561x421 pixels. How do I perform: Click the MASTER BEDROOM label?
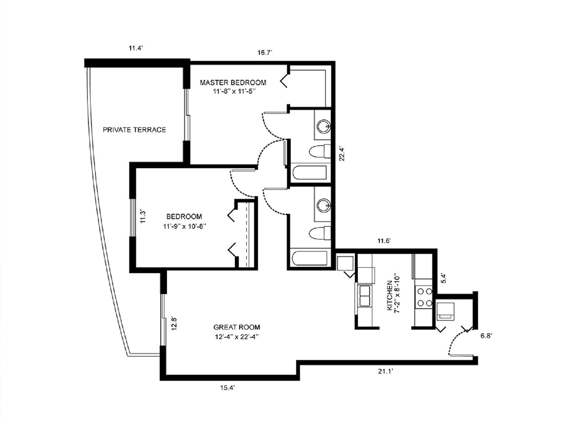pyautogui.click(x=233, y=83)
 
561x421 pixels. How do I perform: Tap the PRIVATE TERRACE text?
pyautogui.click(x=134, y=130)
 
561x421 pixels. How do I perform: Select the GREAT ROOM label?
pyautogui.click(x=237, y=327)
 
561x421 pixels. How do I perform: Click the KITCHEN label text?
pyautogui.click(x=389, y=295)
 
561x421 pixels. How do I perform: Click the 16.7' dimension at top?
pyautogui.click(x=265, y=53)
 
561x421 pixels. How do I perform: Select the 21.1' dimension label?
pyautogui.click(x=386, y=371)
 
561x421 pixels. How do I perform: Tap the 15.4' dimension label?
pyautogui.click(x=228, y=388)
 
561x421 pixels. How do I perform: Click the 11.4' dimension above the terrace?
pyautogui.click(x=136, y=49)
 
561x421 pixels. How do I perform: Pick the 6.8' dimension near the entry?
pyautogui.click(x=486, y=336)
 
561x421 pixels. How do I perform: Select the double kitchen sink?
pyautogui.click(x=365, y=296)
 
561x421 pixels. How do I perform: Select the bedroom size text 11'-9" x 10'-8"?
pyautogui.click(x=184, y=227)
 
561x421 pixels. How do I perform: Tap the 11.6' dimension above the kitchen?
pyautogui.click(x=383, y=241)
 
